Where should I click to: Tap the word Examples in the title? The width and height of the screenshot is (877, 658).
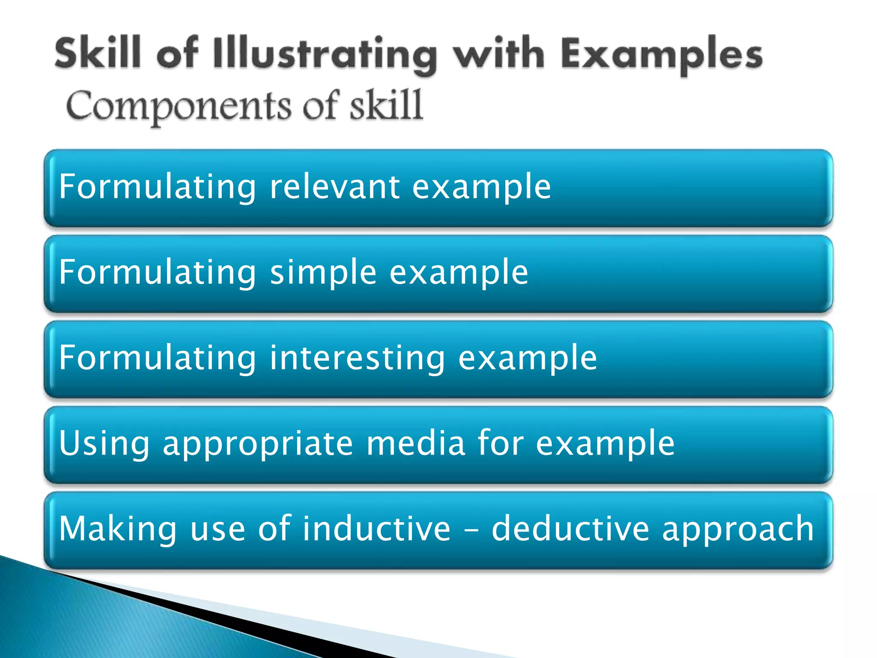coord(662,55)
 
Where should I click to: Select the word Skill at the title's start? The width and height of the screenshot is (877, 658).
coord(98,53)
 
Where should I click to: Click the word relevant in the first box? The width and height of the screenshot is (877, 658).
coord(334,187)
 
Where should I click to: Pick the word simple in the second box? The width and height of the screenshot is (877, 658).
coord(323,273)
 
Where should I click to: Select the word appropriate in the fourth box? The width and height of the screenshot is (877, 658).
coord(258,444)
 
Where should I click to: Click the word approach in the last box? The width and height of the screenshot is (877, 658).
coord(737,529)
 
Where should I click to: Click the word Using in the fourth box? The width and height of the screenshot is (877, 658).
coord(104,444)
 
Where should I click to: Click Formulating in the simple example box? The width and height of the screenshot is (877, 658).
coord(158,273)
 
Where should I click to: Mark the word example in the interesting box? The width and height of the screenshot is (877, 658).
coord(527,358)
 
